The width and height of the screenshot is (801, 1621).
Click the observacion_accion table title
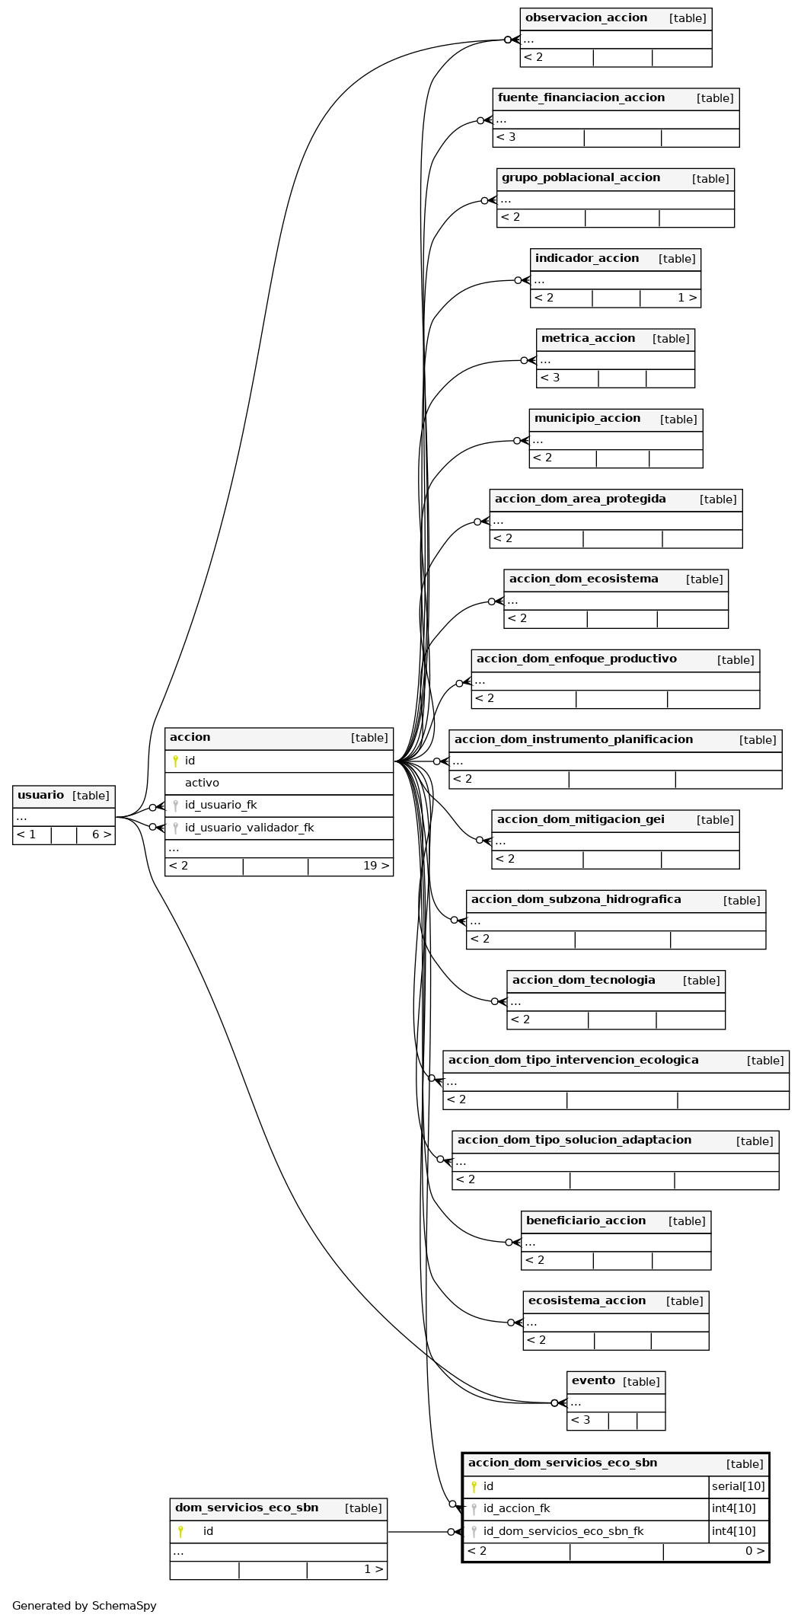(586, 18)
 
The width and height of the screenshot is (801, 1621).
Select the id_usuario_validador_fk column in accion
(249, 828)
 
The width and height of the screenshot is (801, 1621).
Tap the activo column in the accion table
(202, 783)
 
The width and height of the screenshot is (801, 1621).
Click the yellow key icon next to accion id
(175, 761)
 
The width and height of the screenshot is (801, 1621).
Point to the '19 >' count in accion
(376, 866)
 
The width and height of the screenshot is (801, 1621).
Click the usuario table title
(40, 795)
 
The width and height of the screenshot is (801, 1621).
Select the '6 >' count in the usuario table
(102, 834)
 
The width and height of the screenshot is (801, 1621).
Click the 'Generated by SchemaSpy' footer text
(85, 1606)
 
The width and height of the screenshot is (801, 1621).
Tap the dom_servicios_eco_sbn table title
(247, 1508)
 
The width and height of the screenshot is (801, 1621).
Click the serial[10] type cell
(739, 1486)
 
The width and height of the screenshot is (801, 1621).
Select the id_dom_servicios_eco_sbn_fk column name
(563, 1531)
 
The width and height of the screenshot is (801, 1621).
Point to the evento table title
(593, 1380)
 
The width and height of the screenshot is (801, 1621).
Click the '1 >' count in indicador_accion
(688, 298)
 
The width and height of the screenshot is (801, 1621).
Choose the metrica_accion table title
(588, 338)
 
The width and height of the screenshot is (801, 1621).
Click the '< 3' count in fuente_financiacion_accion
(506, 137)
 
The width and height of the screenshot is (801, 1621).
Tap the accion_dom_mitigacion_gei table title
(581, 819)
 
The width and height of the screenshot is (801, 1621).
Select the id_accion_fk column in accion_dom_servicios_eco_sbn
(516, 1508)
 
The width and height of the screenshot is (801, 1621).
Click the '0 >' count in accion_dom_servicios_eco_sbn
(755, 1551)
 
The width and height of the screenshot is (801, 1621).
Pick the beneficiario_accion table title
(586, 1221)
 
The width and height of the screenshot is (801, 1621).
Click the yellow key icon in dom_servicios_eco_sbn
(180, 1531)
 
